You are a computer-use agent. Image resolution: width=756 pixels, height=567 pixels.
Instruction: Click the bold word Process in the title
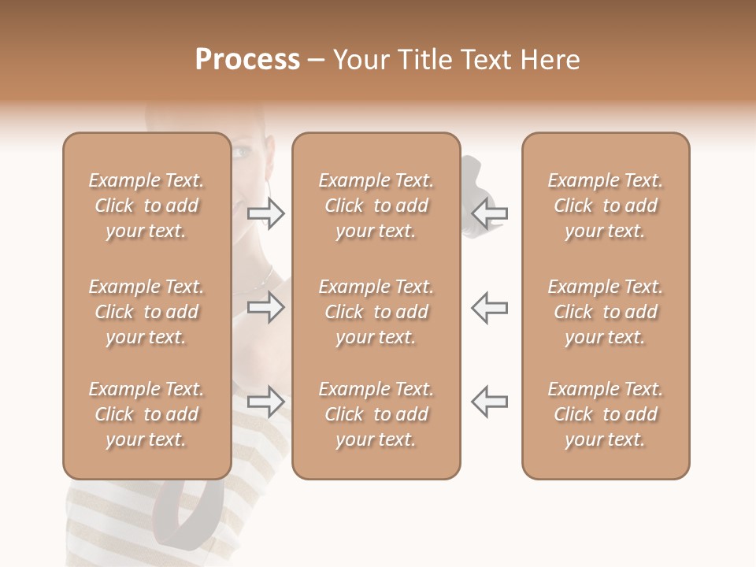tap(247, 60)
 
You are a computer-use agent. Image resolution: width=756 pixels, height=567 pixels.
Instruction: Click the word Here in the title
tap(550, 60)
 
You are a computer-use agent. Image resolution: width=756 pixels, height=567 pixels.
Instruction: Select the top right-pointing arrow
tap(266, 213)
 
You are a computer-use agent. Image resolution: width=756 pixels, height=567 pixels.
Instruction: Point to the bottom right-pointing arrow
tap(266, 402)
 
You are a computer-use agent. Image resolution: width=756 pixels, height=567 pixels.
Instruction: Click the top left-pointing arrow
tap(489, 213)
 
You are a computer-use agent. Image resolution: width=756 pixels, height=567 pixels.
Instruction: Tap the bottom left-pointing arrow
tap(489, 402)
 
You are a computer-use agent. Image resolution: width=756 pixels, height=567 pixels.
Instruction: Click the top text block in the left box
tap(146, 206)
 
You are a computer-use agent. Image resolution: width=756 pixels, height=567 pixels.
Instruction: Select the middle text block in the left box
tap(146, 312)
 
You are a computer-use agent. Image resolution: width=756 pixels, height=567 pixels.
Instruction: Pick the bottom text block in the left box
tap(146, 414)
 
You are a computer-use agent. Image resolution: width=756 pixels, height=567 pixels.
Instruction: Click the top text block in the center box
tap(376, 206)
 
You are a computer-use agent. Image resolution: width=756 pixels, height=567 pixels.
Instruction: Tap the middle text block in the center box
tap(376, 312)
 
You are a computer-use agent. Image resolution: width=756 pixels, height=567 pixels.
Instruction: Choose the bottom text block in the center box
tap(376, 414)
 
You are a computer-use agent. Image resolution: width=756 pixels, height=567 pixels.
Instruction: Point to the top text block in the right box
tap(606, 206)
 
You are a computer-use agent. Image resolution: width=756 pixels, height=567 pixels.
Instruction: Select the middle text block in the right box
tap(606, 312)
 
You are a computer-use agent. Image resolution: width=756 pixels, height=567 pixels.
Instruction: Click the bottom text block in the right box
tap(606, 414)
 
